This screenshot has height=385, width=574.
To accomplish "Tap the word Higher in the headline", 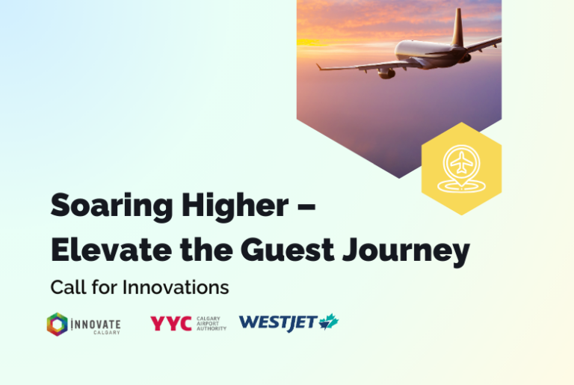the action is (235, 206).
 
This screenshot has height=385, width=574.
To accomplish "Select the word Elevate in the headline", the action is (111, 250).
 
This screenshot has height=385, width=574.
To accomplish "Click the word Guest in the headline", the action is (287, 250).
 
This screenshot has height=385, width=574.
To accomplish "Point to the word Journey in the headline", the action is (406, 252).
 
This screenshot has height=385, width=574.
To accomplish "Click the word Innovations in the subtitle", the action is (176, 287).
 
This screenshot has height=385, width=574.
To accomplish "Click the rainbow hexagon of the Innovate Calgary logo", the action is (57, 324).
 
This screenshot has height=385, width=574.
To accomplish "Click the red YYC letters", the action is (171, 323).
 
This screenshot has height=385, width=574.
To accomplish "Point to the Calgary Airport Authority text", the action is (212, 324).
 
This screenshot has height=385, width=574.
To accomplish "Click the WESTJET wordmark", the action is (277, 323).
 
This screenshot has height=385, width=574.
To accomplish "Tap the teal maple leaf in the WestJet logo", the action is (329, 321).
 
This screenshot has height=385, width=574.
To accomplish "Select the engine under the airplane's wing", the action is (386, 73).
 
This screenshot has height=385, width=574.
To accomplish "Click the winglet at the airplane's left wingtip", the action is (319, 67).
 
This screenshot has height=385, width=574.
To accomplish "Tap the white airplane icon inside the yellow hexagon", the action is (462, 162).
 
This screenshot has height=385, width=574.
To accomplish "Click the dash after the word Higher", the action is (306, 206).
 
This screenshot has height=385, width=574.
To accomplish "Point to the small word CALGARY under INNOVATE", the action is (107, 333).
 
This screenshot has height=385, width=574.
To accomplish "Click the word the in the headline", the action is (206, 250).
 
